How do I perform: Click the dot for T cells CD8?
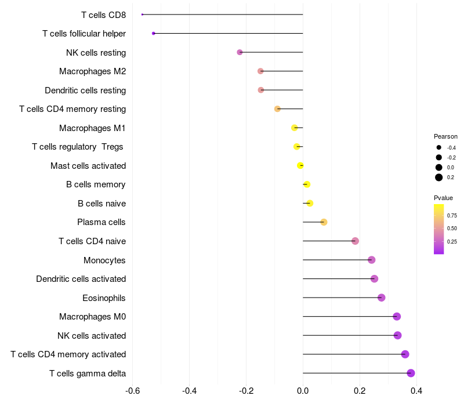(x=142, y=14)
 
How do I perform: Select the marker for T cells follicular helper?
(x=153, y=33)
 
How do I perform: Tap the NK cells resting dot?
(x=240, y=52)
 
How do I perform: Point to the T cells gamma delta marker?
(x=411, y=373)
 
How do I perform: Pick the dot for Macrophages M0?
(x=397, y=316)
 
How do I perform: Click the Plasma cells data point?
(x=324, y=222)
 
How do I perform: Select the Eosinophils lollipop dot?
(x=381, y=298)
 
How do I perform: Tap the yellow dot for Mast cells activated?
(x=300, y=165)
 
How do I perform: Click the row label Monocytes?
(x=104, y=260)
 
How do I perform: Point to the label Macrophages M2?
(x=92, y=71)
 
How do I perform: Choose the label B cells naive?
(x=101, y=204)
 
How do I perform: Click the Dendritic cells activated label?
(x=81, y=279)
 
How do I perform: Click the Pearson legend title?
(x=445, y=136)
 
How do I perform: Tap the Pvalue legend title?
(x=443, y=198)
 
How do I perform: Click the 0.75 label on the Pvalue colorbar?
(x=452, y=215)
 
